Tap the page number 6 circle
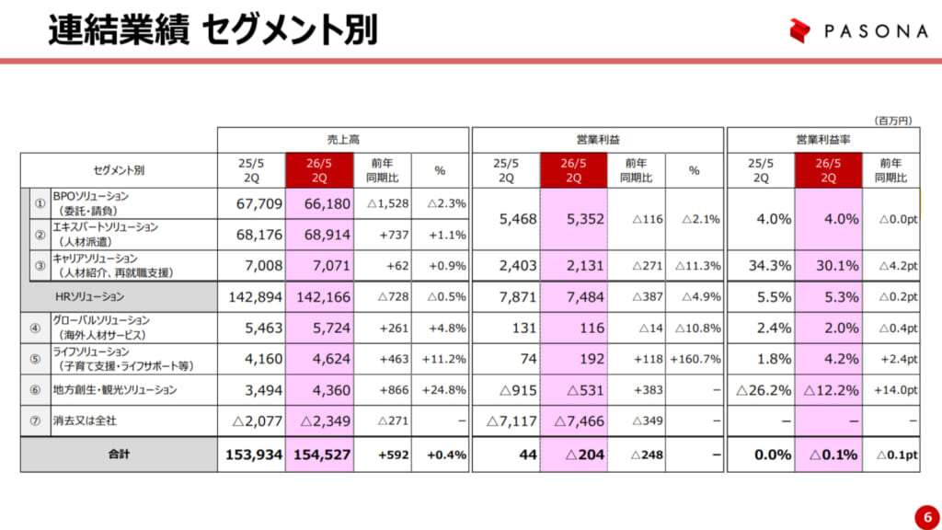click(923, 513)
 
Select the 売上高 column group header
click(343, 140)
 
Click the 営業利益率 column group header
click(822, 140)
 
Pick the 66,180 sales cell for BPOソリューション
click(319, 203)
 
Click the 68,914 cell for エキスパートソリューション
click(319, 235)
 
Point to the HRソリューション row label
click(90, 297)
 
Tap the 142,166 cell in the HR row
click(319, 297)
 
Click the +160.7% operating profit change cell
click(695, 359)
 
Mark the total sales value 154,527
click(319, 455)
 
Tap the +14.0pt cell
click(896, 390)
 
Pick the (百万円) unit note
click(892, 121)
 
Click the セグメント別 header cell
click(119, 170)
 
